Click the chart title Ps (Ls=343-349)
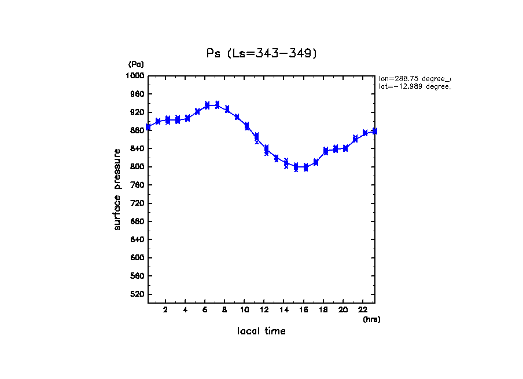click(261, 53)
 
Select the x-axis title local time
click(261, 331)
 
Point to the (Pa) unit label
click(136, 64)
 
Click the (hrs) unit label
click(371, 319)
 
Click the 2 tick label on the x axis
click(165, 310)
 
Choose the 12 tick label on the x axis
click(264, 310)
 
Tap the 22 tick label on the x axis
click(363, 310)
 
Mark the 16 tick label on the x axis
click(304, 310)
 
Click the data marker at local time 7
click(217, 105)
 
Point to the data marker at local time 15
click(296, 167)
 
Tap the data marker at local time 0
click(149, 127)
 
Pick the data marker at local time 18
click(326, 151)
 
